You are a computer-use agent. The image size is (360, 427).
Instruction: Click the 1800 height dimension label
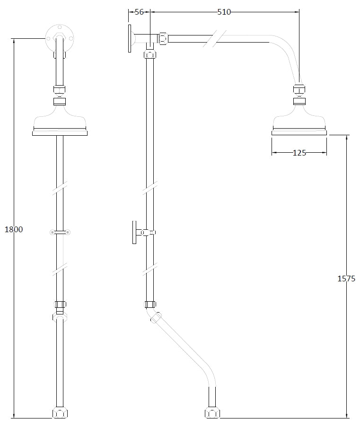click(x=13, y=229)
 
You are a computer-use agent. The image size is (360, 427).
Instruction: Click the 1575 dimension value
click(x=346, y=279)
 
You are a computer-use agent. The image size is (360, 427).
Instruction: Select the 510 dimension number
click(x=224, y=12)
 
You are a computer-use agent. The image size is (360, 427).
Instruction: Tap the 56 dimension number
click(x=139, y=12)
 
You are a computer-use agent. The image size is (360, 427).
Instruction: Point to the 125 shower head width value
click(x=299, y=152)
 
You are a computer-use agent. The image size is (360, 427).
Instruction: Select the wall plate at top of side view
click(x=129, y=38)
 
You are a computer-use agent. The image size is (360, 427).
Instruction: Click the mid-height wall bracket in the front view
click(x=60, y=232)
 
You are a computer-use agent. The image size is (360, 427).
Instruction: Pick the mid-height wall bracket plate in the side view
click(x=134, y=232)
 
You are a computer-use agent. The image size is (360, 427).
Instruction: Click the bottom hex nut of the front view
click(x=60, y=413)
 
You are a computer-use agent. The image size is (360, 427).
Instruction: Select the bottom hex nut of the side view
click(x=212, y=413)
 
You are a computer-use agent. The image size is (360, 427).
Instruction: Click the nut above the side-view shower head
click(x=299, y=89)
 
